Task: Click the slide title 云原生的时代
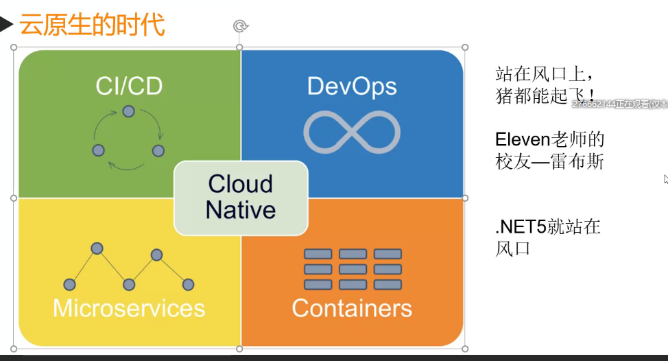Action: [x=92, y=25]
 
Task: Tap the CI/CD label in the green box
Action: [x=129, y=87]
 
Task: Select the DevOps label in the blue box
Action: [x=352, y=87]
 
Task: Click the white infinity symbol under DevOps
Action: [x=352, y=131]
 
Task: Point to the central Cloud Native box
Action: [x=241, y=198]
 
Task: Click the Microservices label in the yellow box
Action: [x=129, y=308]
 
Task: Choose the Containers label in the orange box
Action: [x=352, y=308]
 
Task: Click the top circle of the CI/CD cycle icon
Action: [x=128, y=111]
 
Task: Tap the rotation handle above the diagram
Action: [x=240, y=26]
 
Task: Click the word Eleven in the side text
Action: [x=523, y=140]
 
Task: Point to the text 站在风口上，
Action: [x=541, y=73]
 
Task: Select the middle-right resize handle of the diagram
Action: [x=465, y=198]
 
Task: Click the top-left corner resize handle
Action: [x=14, y=47]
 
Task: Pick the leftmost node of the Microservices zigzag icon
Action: [x=69, y=284]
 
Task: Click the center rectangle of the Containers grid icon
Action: [x=353, y=269]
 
